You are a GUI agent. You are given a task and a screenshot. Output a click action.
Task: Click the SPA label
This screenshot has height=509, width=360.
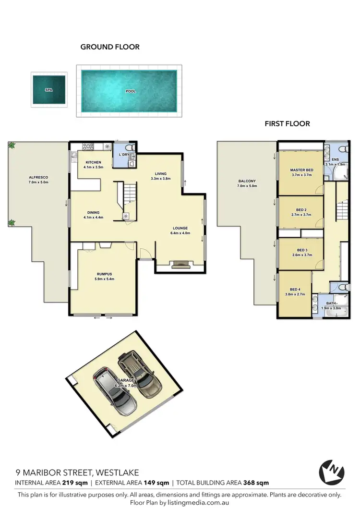[48, 90]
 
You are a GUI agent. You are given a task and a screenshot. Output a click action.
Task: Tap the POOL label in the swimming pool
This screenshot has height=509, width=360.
[130, 91]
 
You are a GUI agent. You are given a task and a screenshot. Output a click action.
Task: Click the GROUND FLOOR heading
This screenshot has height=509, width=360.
[110, 47]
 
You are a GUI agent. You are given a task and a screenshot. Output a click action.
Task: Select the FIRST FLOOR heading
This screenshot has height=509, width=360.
[287, 123]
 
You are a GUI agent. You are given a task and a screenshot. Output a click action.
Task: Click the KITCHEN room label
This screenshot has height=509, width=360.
[93, 162]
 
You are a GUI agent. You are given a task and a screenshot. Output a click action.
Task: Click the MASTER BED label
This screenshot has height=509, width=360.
[301, 170]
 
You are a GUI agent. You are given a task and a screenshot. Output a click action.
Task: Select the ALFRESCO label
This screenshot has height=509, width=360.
[38, 177]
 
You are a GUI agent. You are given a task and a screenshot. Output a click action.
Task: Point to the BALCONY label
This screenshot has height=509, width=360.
[247, 181]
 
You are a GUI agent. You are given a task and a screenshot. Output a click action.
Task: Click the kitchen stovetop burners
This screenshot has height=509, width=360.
[88, 146]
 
